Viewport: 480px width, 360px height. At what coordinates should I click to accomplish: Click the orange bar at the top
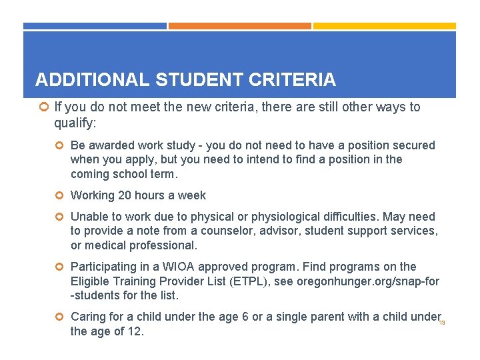coord(239,26)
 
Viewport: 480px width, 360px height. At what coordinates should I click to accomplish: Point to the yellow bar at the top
coord(385,26)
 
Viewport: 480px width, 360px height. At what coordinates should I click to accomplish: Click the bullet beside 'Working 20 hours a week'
coord(59,196)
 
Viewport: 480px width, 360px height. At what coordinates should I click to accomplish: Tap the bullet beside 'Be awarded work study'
coord(59,145)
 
